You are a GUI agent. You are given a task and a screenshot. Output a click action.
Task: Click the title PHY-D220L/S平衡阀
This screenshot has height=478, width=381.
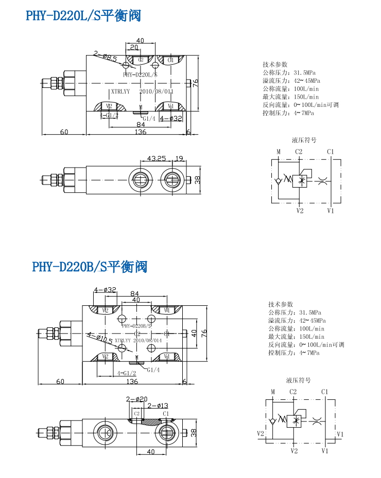(x=83, y=16)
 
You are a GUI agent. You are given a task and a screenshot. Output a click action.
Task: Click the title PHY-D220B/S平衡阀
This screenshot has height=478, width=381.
(x=90, y=267)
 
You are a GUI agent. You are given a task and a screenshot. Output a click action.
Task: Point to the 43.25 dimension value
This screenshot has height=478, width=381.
(x=156, y=158)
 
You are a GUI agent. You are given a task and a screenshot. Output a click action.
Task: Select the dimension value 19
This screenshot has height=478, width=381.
(x=179, y=158)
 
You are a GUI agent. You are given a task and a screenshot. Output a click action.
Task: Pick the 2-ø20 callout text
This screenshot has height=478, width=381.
(x=137, y=399)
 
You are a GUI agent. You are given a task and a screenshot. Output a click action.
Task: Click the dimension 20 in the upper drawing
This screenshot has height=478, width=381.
(x=134, y=47)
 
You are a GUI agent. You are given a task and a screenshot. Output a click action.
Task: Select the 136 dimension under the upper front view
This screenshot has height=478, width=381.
(x=140, y=132)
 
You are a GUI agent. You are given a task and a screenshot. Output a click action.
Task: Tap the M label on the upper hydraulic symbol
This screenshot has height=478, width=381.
(x=278, y=152)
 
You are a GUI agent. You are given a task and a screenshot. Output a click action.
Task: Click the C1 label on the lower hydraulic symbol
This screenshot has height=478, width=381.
(x=324, y=392)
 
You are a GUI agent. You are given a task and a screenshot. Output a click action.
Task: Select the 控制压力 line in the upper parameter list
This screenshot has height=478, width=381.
(x=288, y=113)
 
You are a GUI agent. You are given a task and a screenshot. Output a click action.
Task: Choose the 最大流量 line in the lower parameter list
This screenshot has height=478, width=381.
(x=296, y=337)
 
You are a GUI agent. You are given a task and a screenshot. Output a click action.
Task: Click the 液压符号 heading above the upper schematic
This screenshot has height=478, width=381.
(x=304, y=140)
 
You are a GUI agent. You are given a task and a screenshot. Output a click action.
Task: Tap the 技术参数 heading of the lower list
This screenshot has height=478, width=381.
(x=280, y=304)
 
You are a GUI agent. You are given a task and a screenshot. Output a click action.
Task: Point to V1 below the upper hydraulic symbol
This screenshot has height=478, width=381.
(x=331, y=210)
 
